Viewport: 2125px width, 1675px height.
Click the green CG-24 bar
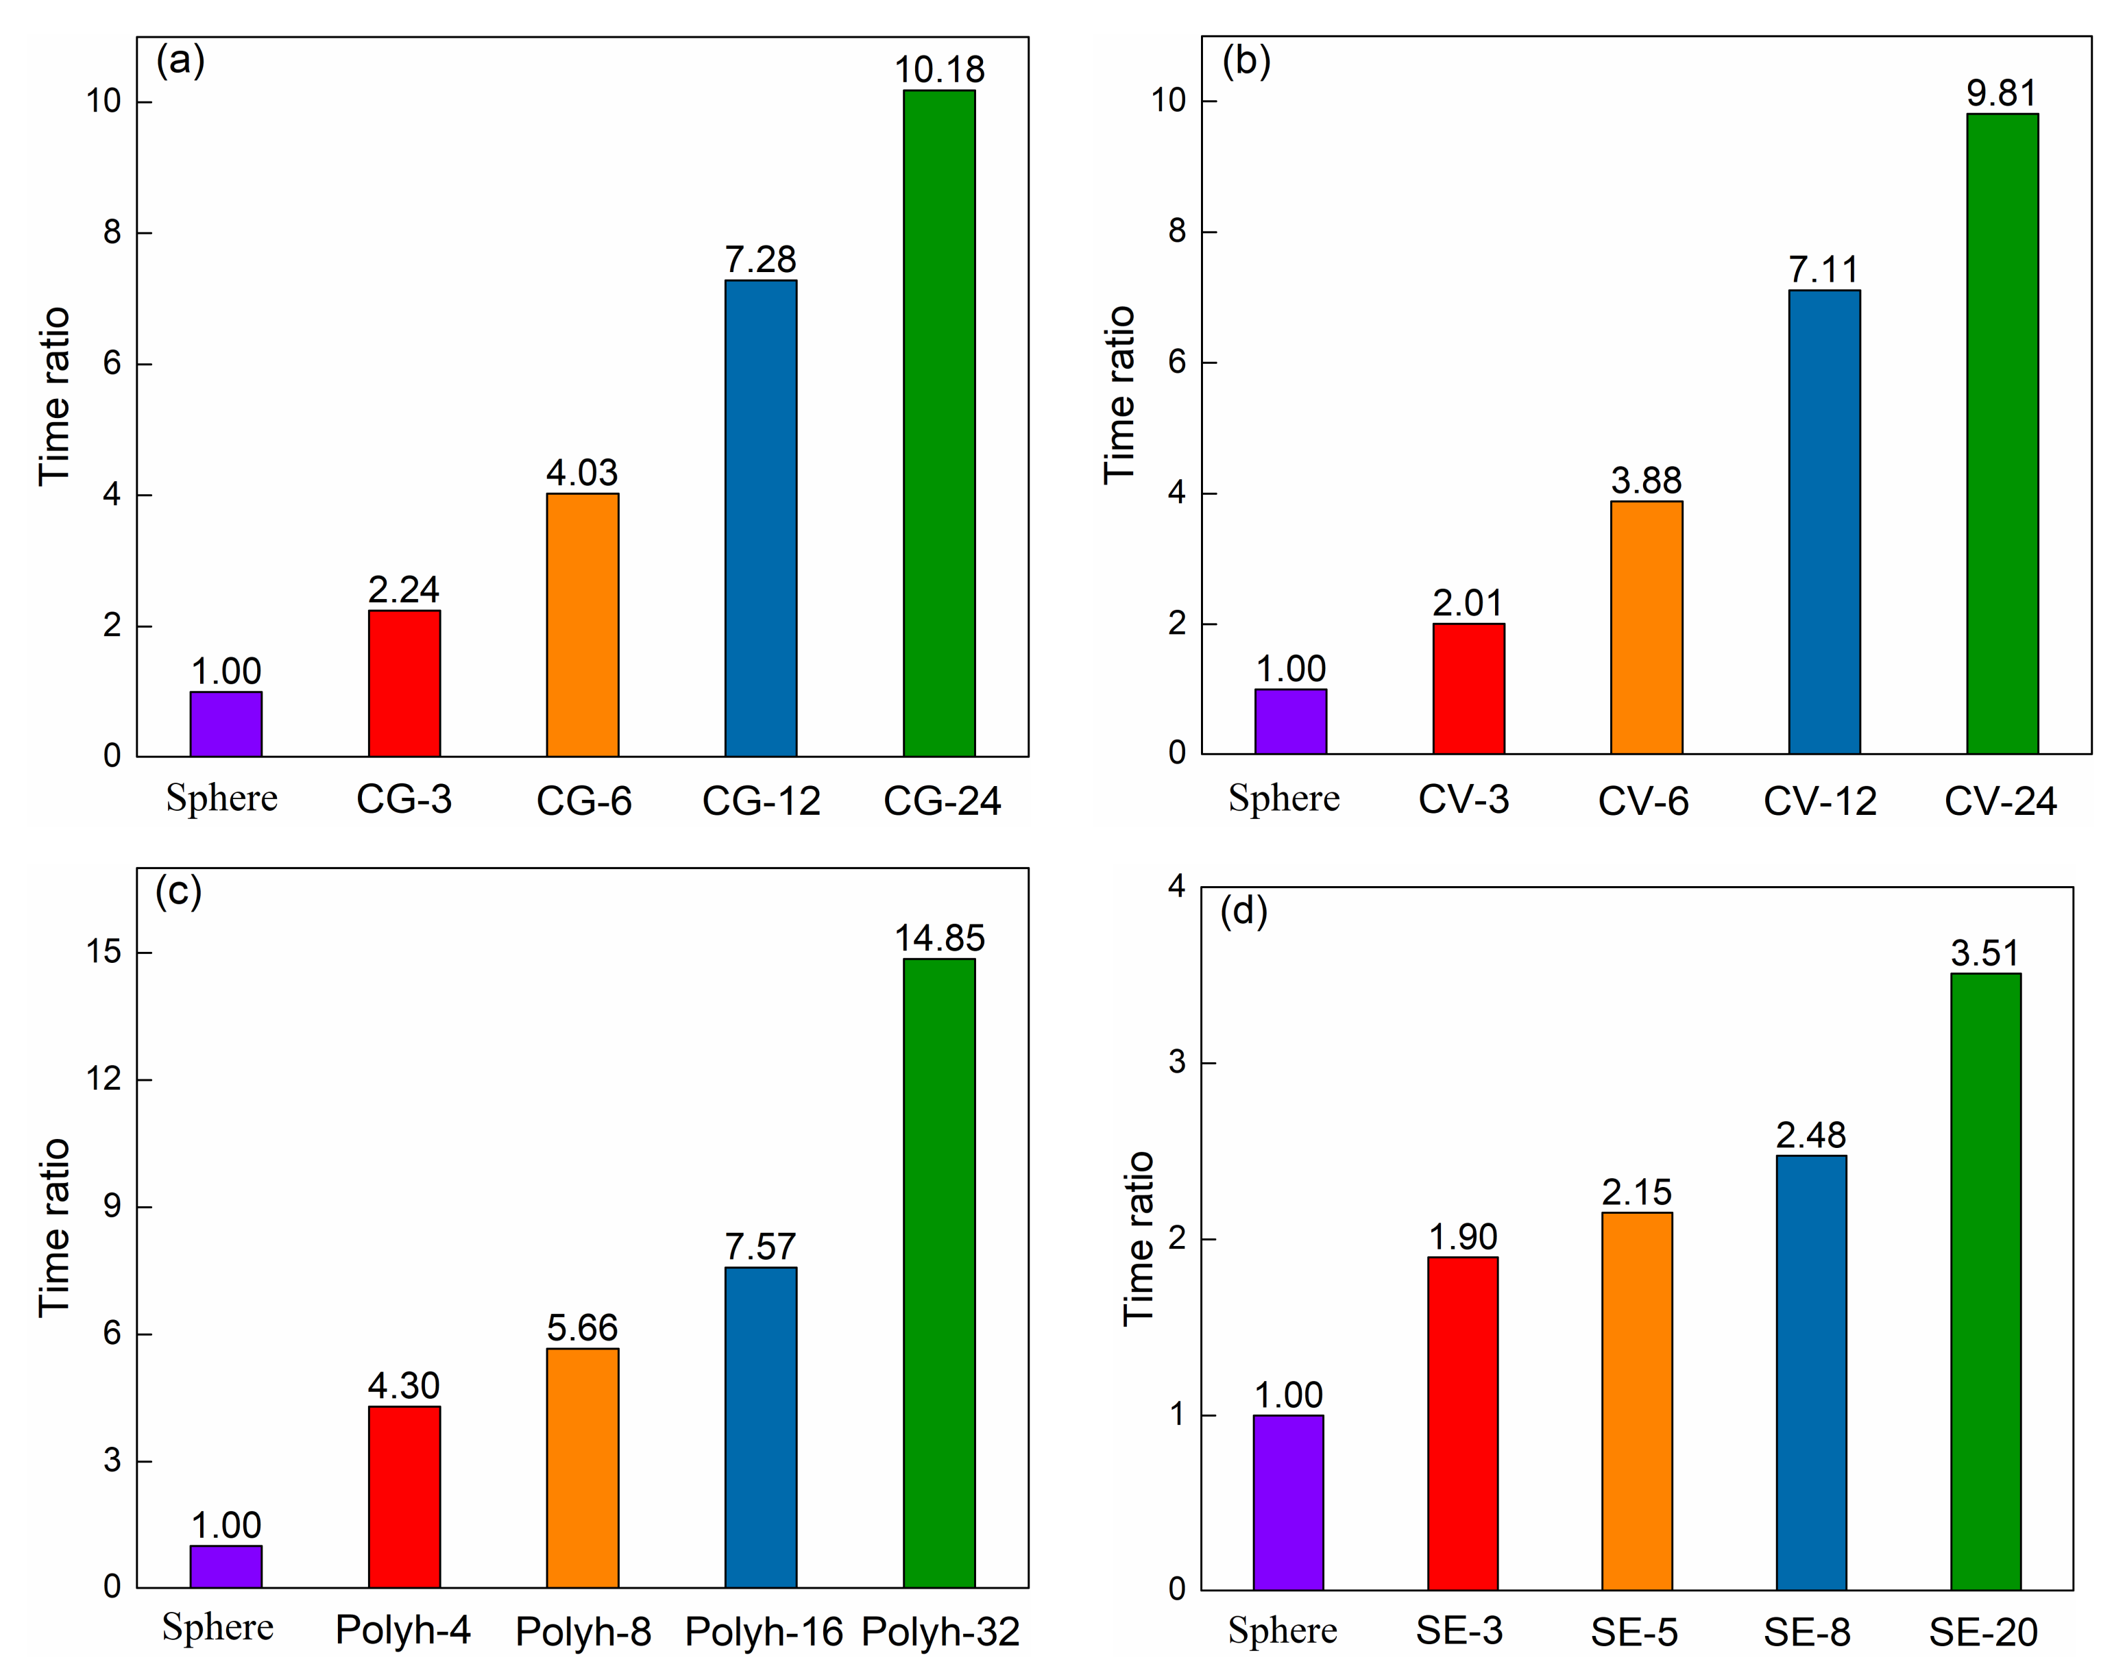click(938, 424)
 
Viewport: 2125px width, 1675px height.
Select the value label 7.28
click(760, 260)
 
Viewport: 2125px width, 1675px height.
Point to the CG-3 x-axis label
click(404, 800)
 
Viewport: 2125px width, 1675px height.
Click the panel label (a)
click(180, 61)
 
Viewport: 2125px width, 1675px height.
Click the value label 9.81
click(2002, 93)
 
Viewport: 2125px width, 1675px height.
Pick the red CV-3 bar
click(1468, 689)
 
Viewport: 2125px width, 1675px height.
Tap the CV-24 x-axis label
click(2000, 802)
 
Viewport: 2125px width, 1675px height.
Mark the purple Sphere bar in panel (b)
click(1291, 721)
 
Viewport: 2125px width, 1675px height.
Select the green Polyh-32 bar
click(938, 1273)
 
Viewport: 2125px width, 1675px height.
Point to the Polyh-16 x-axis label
click(763, 1632)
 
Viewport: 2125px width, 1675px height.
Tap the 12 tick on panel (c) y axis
click(104, 1079)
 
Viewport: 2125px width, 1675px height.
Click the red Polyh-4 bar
click(404, 1497)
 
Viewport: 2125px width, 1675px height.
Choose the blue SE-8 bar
click(1810, 1372)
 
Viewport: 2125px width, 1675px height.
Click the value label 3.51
click(1984, 953)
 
